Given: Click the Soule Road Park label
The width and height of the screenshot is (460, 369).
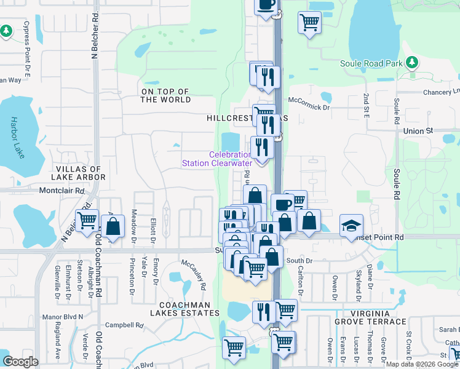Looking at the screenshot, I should [371, 63].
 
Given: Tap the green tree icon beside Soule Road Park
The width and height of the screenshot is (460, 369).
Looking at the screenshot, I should [412, 62].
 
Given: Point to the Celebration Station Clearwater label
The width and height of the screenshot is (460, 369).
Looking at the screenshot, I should [217, 159].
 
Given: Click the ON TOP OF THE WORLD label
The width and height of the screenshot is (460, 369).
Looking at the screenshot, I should [166, 95].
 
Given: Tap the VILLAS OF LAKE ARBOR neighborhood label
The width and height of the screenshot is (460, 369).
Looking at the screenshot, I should [81, 173].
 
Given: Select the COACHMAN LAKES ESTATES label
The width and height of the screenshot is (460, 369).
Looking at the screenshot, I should [184, 309].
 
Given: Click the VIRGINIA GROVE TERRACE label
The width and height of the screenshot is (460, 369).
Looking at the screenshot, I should [370, 321].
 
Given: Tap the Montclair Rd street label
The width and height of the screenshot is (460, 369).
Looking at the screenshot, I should [61, 191].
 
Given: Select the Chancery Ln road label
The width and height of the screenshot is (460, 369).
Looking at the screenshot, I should [442, 92].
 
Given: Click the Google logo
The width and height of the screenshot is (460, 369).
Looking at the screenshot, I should [21, 362].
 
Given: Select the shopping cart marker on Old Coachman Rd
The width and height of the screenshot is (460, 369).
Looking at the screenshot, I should [87, 220].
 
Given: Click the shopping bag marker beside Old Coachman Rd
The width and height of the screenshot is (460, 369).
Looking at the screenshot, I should [113, 226].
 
